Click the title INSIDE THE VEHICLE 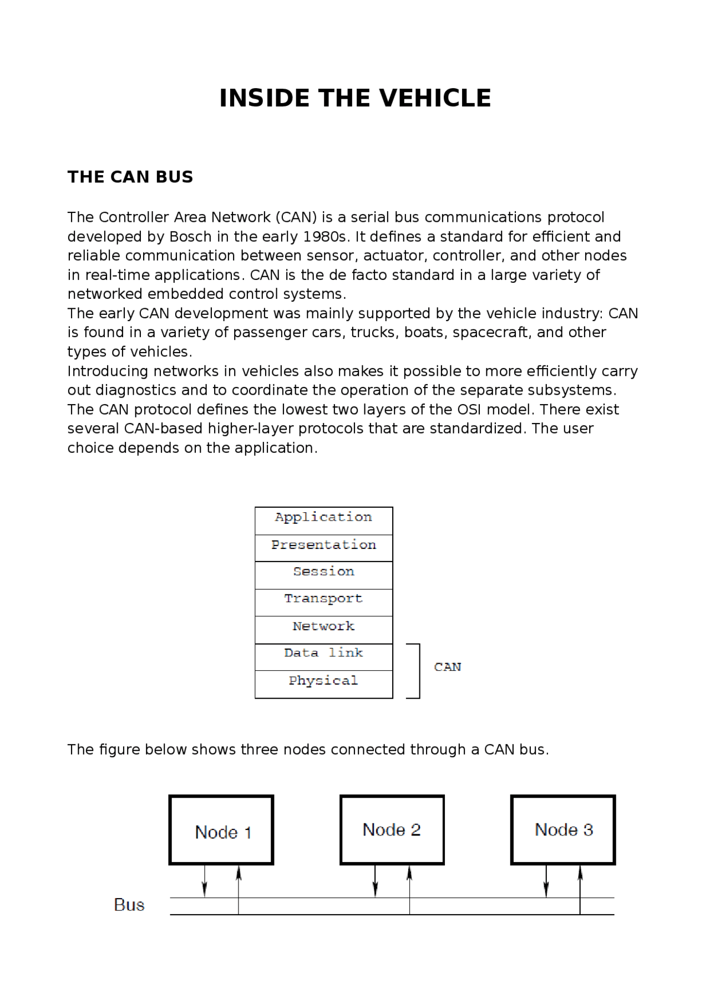(355, 98)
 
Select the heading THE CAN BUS (130, 177)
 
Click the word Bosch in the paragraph (190, 237)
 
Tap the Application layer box (323, 520)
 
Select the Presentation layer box (323, 548)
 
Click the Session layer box (323, 574)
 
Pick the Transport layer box (323, 602)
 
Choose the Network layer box (323, 629)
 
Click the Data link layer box (323, 656)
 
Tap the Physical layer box (323, 684)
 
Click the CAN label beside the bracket (447, 667)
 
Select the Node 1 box (221, 830)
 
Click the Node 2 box (392, 829)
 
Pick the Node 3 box (563, 829)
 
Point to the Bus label (129, 905)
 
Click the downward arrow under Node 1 (205, 881)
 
